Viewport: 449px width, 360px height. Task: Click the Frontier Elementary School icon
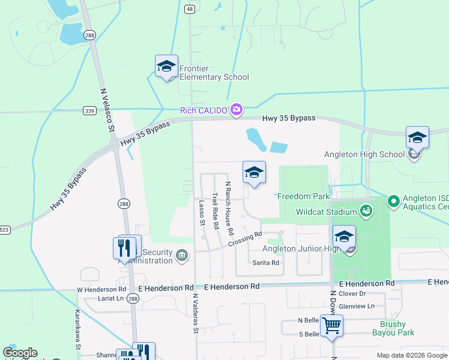click(166, 67)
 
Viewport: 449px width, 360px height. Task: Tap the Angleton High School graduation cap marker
click(417, 138)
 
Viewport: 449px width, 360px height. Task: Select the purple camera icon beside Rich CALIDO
click(237, 109)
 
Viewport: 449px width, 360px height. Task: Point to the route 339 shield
click(89, 111)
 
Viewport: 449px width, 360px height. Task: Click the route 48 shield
click(190, 9)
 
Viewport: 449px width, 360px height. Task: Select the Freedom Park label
click(304, 196)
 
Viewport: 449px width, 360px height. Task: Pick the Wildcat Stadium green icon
click(366, 211)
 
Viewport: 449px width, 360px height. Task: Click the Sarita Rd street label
click(265, 263)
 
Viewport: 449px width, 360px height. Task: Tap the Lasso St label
click(202, 214)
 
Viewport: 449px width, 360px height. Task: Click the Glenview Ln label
click(357, 306)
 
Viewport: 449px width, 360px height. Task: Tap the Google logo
click(20, 353)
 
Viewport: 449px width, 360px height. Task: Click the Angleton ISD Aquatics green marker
click(393, 200)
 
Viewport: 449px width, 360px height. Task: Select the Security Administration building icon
click(181, 256)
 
